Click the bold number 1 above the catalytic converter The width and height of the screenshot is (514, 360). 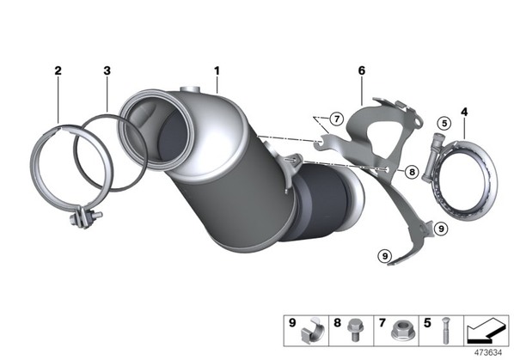click(x=217, y=70)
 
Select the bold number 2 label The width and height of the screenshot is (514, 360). click(x=58, y=70)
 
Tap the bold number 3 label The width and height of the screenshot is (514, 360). click(x=107, y=70)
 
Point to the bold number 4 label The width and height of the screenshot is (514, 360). click(x=464, y=112)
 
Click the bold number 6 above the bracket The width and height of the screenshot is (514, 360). click(x=362, y=70)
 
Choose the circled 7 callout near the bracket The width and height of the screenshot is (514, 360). click(x=337, y=119)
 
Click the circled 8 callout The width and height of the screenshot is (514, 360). click(x=412, y=172)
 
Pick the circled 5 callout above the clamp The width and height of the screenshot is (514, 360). click(x=444, y=124)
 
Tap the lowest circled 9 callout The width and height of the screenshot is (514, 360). click(x=384, y=255)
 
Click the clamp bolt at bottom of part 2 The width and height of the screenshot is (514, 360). click(x=85, y=217)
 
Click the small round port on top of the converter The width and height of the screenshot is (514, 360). click(x=190, y=89)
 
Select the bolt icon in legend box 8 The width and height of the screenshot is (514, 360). click(x=353, y=330)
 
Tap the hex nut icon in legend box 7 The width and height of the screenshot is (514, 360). click(x=400, y=332)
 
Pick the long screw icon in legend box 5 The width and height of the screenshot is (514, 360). click(x=445, y=330)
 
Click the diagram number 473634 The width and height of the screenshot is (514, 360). click(x=488, y=353)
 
